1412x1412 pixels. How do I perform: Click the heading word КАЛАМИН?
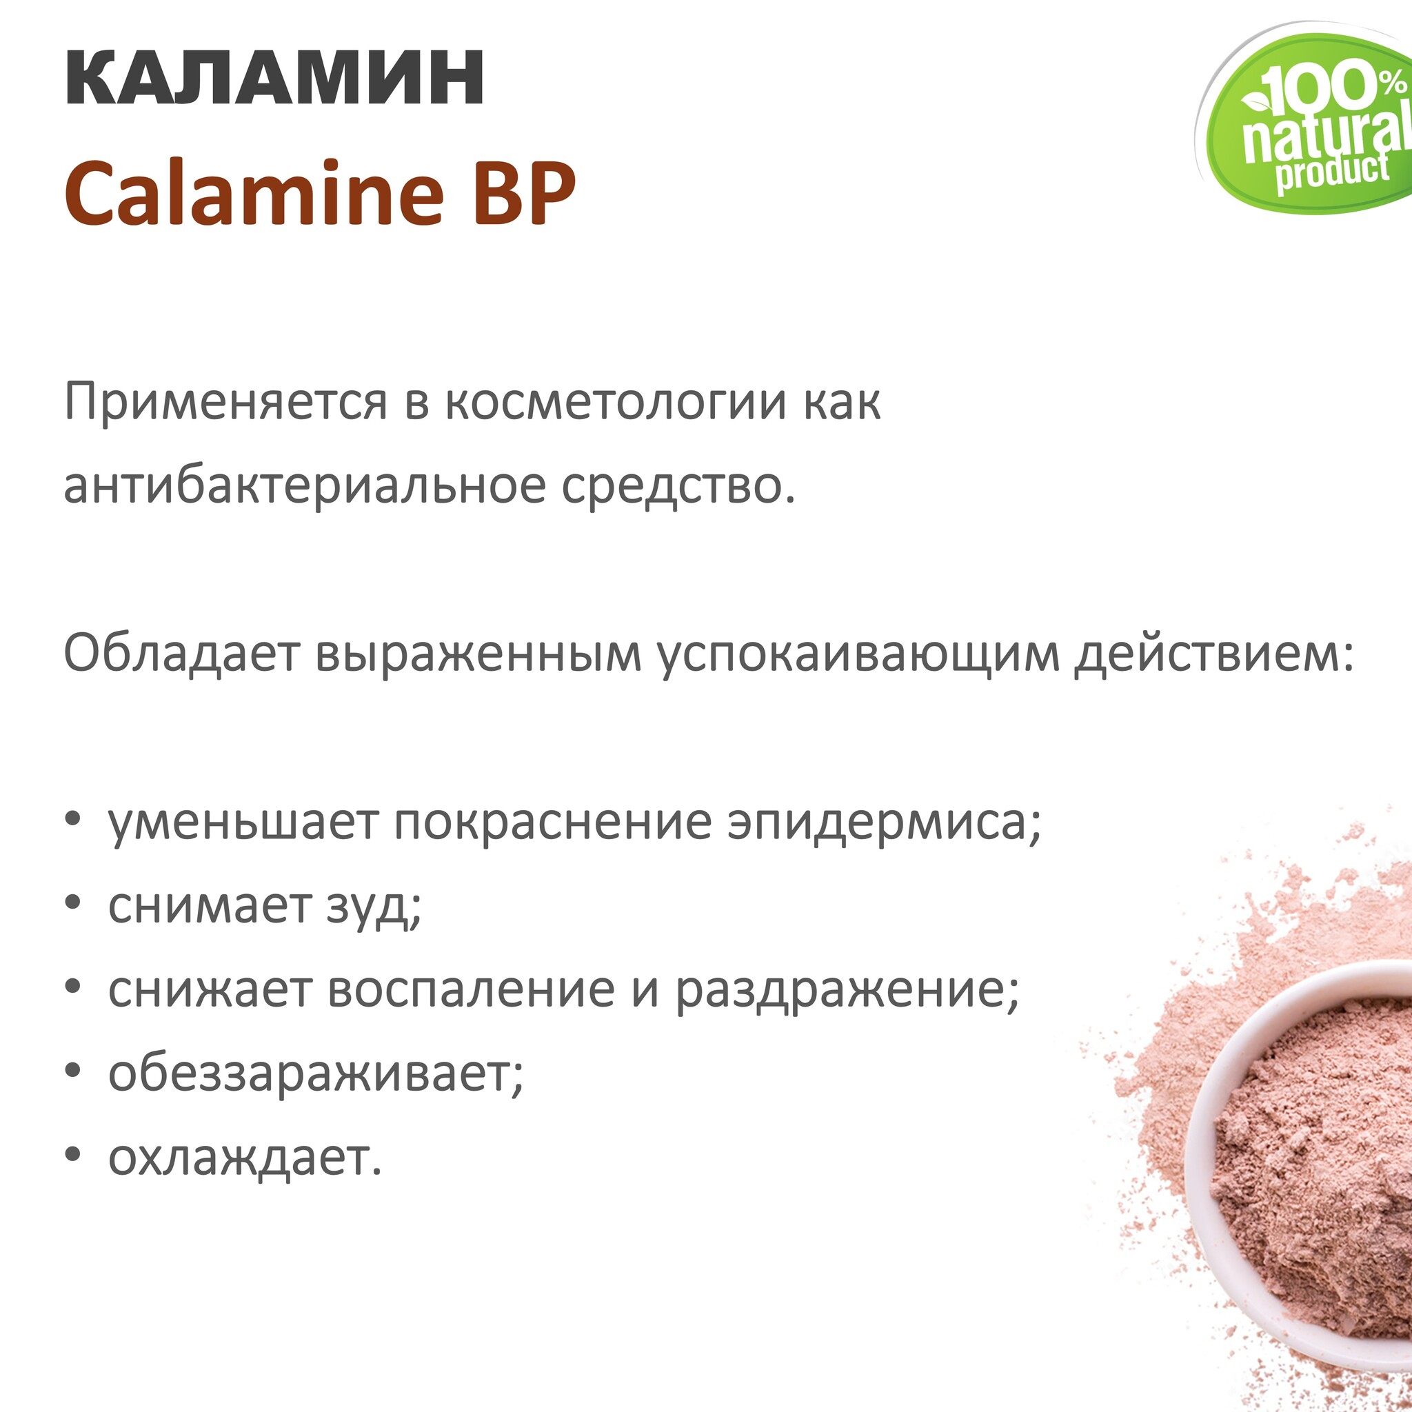click(275, 78)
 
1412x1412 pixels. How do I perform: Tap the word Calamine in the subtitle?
click(254, 192)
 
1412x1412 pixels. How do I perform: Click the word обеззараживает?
click(316, 1074)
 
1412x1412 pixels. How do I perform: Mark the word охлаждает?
click(245, 1158)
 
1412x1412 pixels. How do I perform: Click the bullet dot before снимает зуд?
click(72, 903)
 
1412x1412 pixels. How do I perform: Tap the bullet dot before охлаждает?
click(72, 1155)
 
